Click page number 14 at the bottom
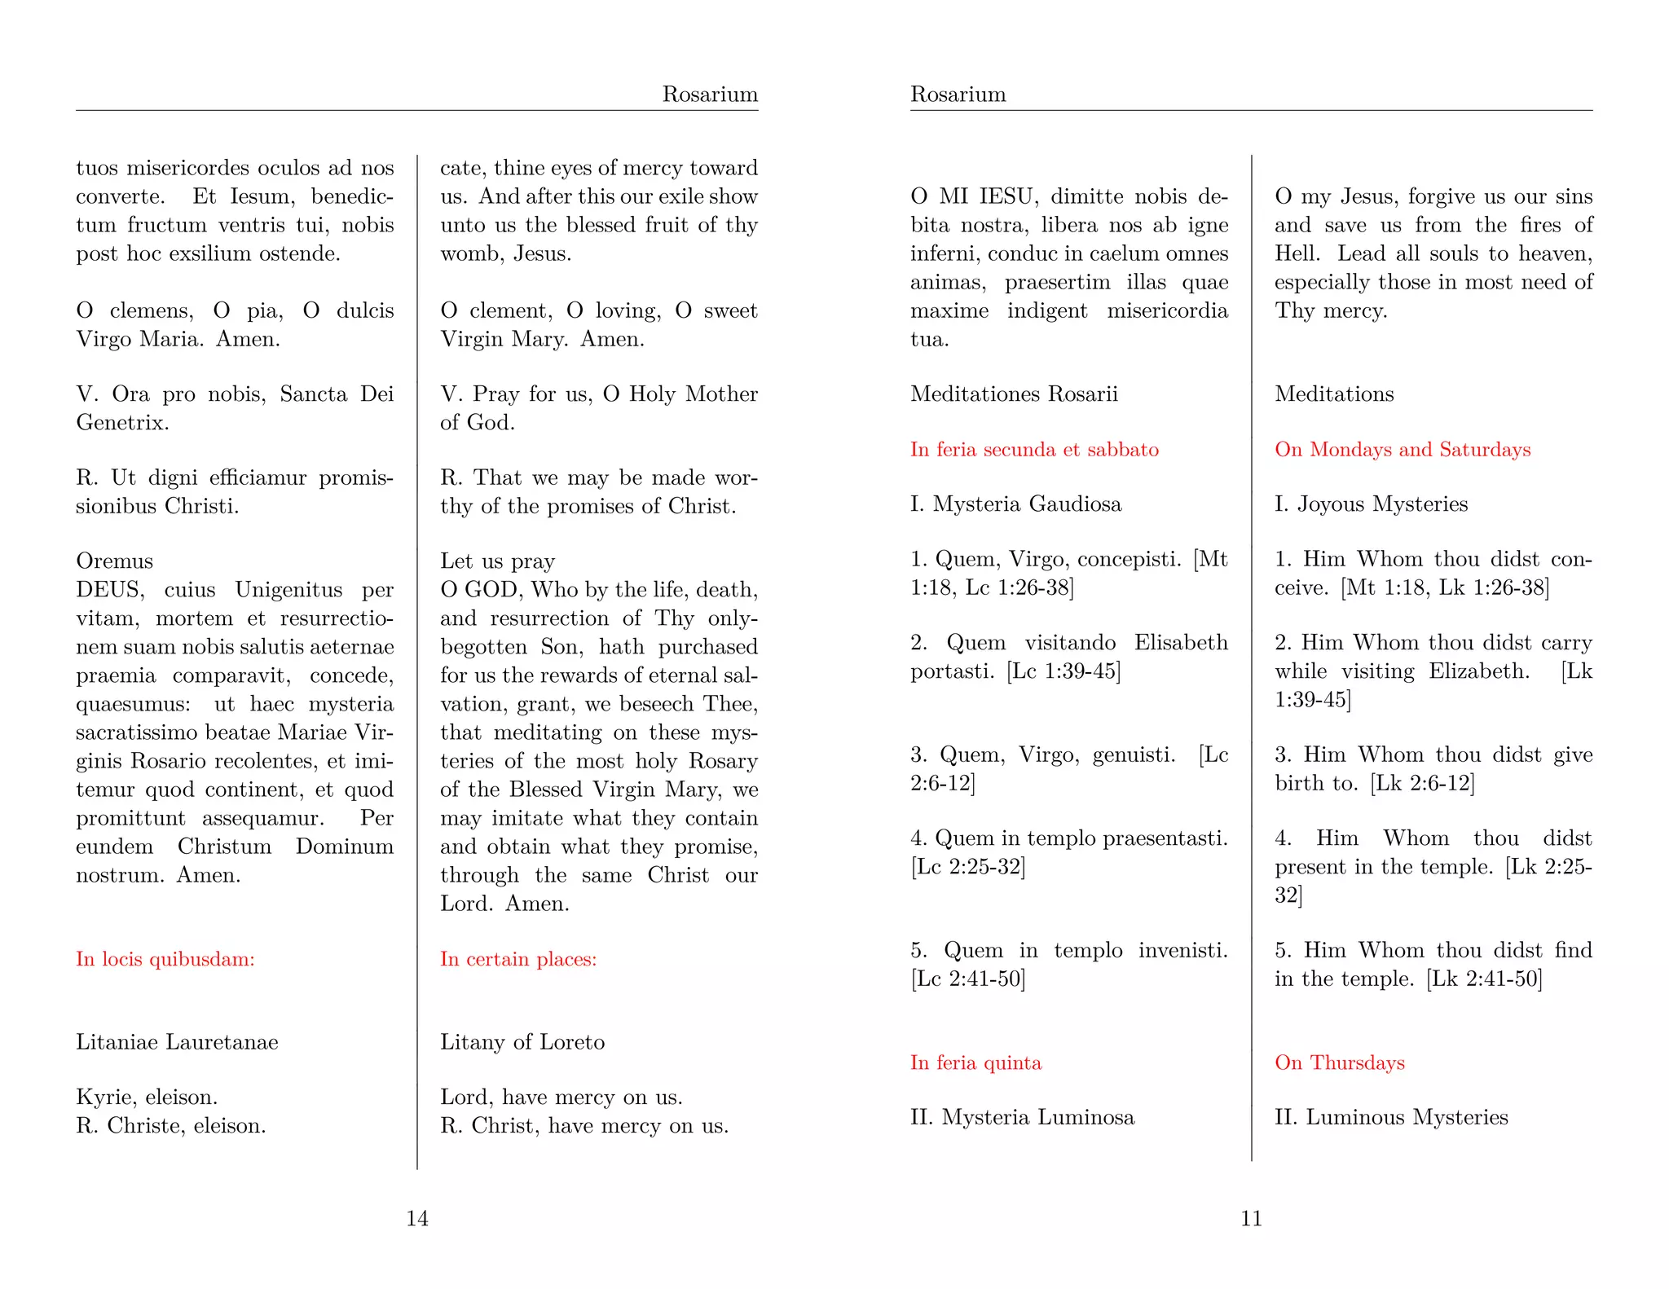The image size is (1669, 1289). point(417,1218)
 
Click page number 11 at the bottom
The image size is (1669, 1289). point(1251,1218)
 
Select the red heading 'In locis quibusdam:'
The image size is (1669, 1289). point(165,959)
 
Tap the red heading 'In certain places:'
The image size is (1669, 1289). point(518,959)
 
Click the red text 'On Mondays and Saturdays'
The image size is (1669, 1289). point(1403,450)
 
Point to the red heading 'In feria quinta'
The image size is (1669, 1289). point(975,1062)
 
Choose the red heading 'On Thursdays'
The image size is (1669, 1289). point(1340,1062)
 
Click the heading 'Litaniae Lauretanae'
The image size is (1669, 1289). point(177,1042)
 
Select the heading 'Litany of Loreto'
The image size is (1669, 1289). point(522,1042)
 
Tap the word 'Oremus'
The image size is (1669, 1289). point(114,561)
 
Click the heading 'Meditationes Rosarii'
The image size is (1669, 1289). point(1014,394)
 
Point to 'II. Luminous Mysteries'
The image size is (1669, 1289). point(1391,1117)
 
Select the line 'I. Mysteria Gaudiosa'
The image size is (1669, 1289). point(1015,504)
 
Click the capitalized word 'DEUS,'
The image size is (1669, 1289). point(110,590)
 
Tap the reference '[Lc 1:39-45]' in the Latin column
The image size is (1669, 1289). point(1063,671)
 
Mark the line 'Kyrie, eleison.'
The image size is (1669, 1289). point(147,1098)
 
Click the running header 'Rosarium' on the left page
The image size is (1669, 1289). point(710,95)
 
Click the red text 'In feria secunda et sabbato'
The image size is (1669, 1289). point(1034,450)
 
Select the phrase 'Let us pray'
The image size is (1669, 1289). point(497,561)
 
